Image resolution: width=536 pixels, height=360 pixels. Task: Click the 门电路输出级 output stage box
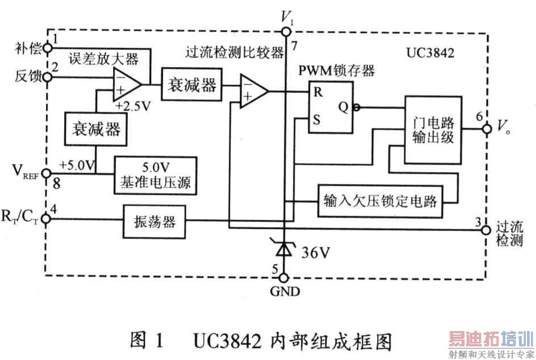[433, 130]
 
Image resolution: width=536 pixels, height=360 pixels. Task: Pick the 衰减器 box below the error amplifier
[95, 129]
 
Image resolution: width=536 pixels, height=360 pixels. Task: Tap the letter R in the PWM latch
[319, 93]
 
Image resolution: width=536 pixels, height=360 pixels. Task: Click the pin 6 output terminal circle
[486, 129]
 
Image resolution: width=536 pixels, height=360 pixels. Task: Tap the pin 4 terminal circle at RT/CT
[46, 220]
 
